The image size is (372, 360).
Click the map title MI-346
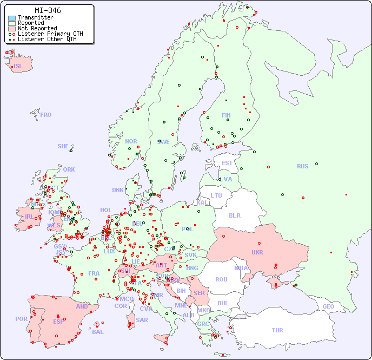point(48,10)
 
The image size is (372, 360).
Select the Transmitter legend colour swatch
point(12,17)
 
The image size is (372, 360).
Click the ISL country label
point(18,67)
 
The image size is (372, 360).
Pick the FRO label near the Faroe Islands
point(46,115)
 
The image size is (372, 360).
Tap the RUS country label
point(302,166)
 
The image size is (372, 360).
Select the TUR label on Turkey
point(277,330)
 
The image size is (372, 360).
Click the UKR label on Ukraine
point(257,252)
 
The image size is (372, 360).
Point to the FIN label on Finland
point(226,115)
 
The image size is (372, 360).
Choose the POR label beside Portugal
point(21,319)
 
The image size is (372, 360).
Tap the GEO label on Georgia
point(328,306)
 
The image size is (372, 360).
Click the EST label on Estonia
point(227,163)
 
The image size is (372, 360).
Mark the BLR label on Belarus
point(234,215)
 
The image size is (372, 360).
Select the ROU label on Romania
point(221,279)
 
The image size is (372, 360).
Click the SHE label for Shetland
point(63,146)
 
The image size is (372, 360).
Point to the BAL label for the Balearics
point(98,332)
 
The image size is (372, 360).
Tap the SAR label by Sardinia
point(142,320)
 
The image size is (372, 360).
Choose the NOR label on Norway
point(131,141)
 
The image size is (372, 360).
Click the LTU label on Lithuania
point(216,195)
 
